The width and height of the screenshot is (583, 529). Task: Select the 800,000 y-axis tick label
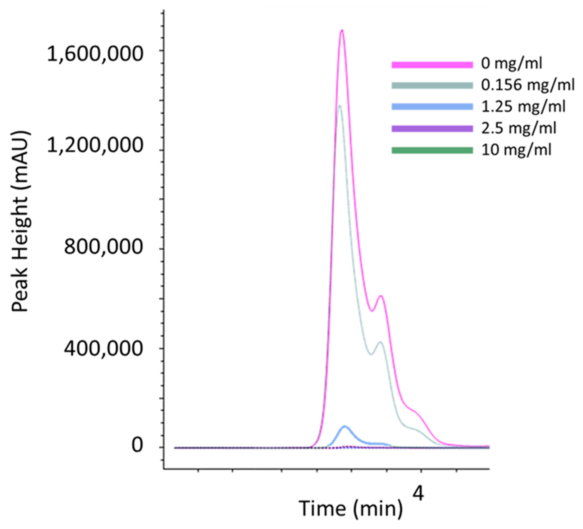[x=103, y=247]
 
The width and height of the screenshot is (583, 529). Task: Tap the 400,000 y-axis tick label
[x=103, y=348]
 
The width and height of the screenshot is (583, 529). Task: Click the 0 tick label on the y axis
[x=137, y=446]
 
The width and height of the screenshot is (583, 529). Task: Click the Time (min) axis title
[x=351, y=508]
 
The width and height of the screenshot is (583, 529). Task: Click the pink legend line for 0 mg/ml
[x=432, y=65]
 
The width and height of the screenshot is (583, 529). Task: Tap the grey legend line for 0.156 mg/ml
[x=432, y=85]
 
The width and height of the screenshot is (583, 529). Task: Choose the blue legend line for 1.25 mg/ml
[x=432, y=107]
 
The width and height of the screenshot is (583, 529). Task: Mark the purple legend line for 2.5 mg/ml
[x=432, y=129]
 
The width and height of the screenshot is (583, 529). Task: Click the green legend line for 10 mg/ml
[x=432, y=151]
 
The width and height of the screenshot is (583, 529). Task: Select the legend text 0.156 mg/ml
[x=528, y=85]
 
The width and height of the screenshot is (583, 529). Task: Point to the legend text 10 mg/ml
[x=516, y=151]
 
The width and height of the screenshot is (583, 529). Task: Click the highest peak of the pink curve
[x=342, y=30]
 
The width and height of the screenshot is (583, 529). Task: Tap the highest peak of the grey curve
[x=340, y=106]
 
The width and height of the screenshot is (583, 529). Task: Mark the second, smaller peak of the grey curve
[x=381, y=342]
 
